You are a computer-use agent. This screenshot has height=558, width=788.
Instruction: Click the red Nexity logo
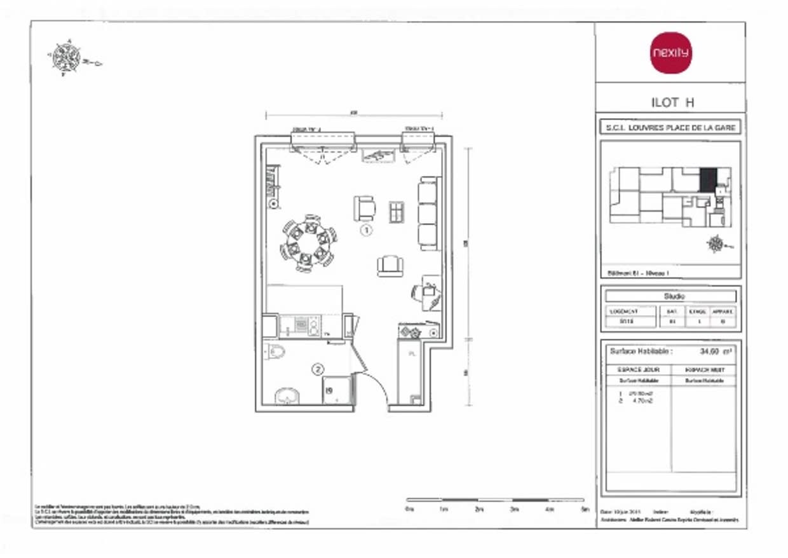point(670,53)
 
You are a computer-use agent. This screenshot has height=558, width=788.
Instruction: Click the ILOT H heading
point(670,102)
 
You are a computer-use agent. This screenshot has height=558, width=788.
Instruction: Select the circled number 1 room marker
point(366,231)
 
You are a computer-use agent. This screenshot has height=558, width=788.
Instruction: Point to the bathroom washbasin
point(287,396)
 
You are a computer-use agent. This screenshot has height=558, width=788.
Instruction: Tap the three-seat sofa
point(428,214)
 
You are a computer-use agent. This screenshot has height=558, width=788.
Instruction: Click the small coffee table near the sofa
point(397,212)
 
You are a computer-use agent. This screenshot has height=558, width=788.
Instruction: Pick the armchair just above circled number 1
point(365,207)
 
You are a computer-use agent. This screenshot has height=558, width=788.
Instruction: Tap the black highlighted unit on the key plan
point(707,180)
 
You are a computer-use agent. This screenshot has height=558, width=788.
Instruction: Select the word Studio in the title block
point(670,296)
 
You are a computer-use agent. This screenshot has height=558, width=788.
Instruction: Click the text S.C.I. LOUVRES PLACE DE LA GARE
point(670,128)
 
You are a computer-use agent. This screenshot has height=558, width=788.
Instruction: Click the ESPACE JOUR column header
point(638,369)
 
